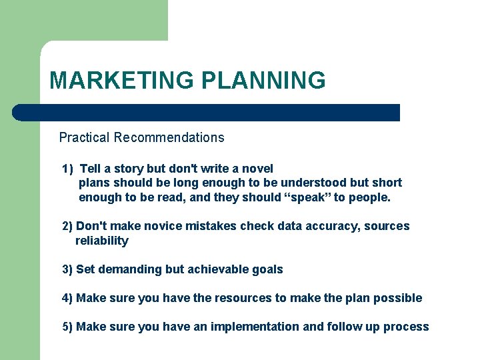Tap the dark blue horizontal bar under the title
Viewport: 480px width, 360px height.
tap(207, 113)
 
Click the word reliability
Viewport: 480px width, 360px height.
tap(102, 241)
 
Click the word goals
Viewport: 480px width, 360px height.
tap(267, 270)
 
